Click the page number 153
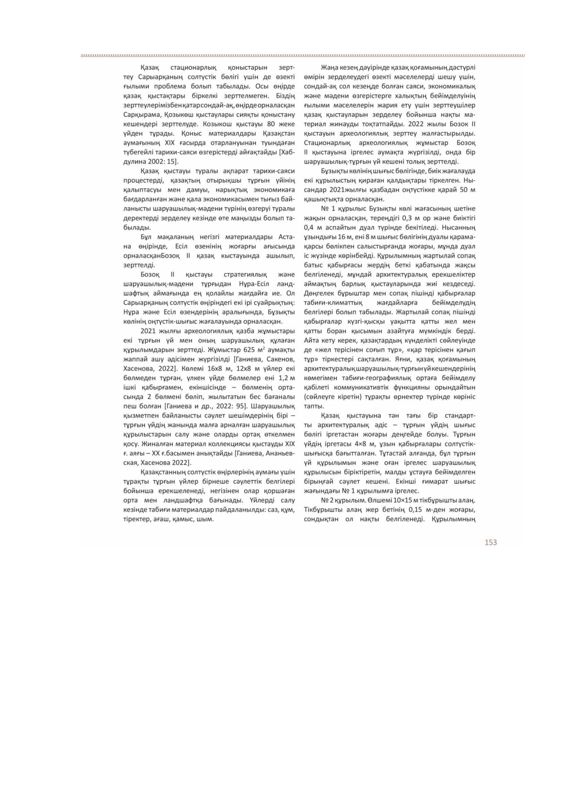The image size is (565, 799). click(x=490, y=542)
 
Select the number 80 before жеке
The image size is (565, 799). click(x=272, y=124)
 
